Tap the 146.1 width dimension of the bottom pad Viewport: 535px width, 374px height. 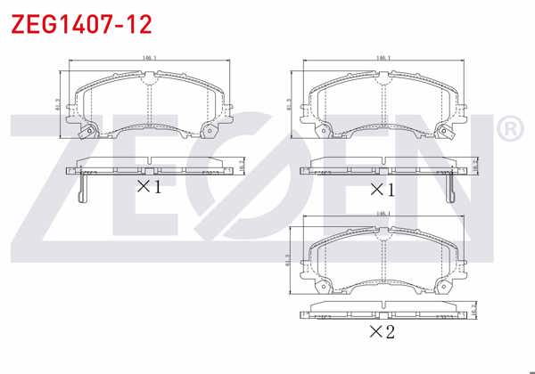click(384, 215)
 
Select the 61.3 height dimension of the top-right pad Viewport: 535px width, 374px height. click(291, 104)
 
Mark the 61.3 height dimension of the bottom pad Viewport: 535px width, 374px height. click(291, 260)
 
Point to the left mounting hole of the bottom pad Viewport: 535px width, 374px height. click(323, 287)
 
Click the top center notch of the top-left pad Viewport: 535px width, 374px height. click(149, 78)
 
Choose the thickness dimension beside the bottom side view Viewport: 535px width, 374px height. click(475, 312)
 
